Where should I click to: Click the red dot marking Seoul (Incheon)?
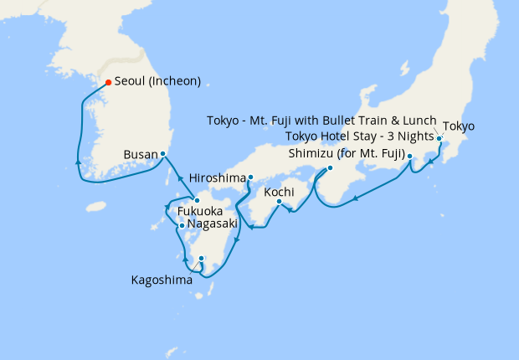click(x=108, y=82)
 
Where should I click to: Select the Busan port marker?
click(x=162, y=154)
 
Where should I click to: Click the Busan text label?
click(x=139, y=155)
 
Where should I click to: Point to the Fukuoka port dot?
click(x=195, y=199)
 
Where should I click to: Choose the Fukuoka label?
click(x=200, y=212)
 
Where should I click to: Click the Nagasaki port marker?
click(x=182, y=225)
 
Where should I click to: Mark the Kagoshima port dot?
click(x=201, y=259)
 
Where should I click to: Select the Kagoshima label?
click(x=162, y=280)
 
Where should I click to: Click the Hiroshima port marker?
click(x=250, y=177)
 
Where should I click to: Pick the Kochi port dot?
click(x=279, y=201)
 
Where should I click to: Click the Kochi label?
click(x=279, y=192)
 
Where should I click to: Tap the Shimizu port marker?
click(x=329, y=167)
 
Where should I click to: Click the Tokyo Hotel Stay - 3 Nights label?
click(x=360, y=136)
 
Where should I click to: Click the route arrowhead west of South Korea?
click(x=78, y=161)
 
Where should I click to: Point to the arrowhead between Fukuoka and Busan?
click(x=178, y=177)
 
